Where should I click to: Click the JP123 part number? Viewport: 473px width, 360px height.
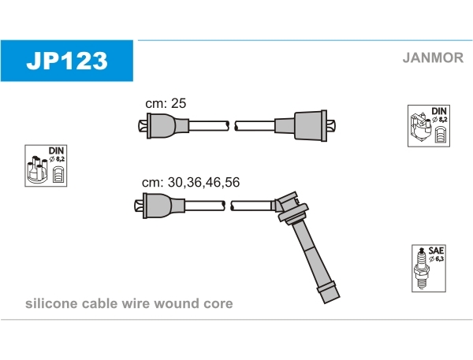tap(67, 61)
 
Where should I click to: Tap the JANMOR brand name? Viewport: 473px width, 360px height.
tap(433, 58)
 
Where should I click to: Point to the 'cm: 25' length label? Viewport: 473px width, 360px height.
tap(166, 103)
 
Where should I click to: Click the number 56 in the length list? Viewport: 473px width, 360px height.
tap(232, 183)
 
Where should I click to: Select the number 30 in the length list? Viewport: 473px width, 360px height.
tap(176, 183)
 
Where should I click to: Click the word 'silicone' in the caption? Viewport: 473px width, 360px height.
tap(51, 303)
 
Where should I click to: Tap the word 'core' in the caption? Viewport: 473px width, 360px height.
tap(218, 304)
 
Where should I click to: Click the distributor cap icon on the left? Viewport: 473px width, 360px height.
tap(36, 169)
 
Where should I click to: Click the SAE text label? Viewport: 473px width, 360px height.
tap(436, 251)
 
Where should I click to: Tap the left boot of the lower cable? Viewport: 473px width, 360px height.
tap(159, 206)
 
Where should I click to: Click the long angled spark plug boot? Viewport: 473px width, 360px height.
tap(307, 246)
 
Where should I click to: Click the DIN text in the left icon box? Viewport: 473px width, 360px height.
tap(56, 150)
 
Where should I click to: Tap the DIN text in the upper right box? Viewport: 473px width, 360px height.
tap(439, 111)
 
